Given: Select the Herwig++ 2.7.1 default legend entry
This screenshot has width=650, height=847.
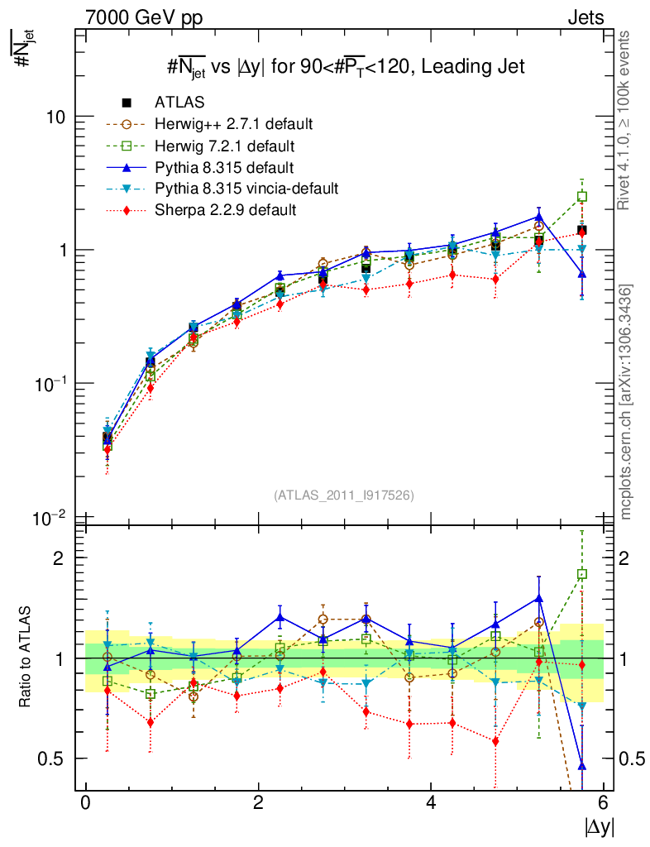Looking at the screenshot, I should click(x=232, y=124).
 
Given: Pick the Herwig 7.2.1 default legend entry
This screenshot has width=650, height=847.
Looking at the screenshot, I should click(x=224, y=146).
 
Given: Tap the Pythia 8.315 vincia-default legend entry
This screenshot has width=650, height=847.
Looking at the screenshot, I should click(x=246, y=189).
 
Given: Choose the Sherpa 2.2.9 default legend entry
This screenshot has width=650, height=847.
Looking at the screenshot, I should click(x=224, y=210).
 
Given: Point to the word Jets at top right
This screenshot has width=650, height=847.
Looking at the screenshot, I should click(x=585, y=17).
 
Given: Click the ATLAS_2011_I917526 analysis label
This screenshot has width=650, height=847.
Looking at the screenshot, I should click(x=344, y=495).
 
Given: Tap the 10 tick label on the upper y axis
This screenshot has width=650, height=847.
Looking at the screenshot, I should click(x=56, y=117).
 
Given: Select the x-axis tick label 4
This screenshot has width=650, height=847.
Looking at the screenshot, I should click(x=431, y=803).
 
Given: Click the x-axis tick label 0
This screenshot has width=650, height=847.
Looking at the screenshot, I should click(x=85, y=803).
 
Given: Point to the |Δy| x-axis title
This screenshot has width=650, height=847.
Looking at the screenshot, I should click(x=599, y=825).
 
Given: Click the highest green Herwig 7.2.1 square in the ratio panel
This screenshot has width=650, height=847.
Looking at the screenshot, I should click(x=582, y=574).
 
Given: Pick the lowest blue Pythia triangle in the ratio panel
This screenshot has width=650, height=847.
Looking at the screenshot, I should click(x=582, y=765).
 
